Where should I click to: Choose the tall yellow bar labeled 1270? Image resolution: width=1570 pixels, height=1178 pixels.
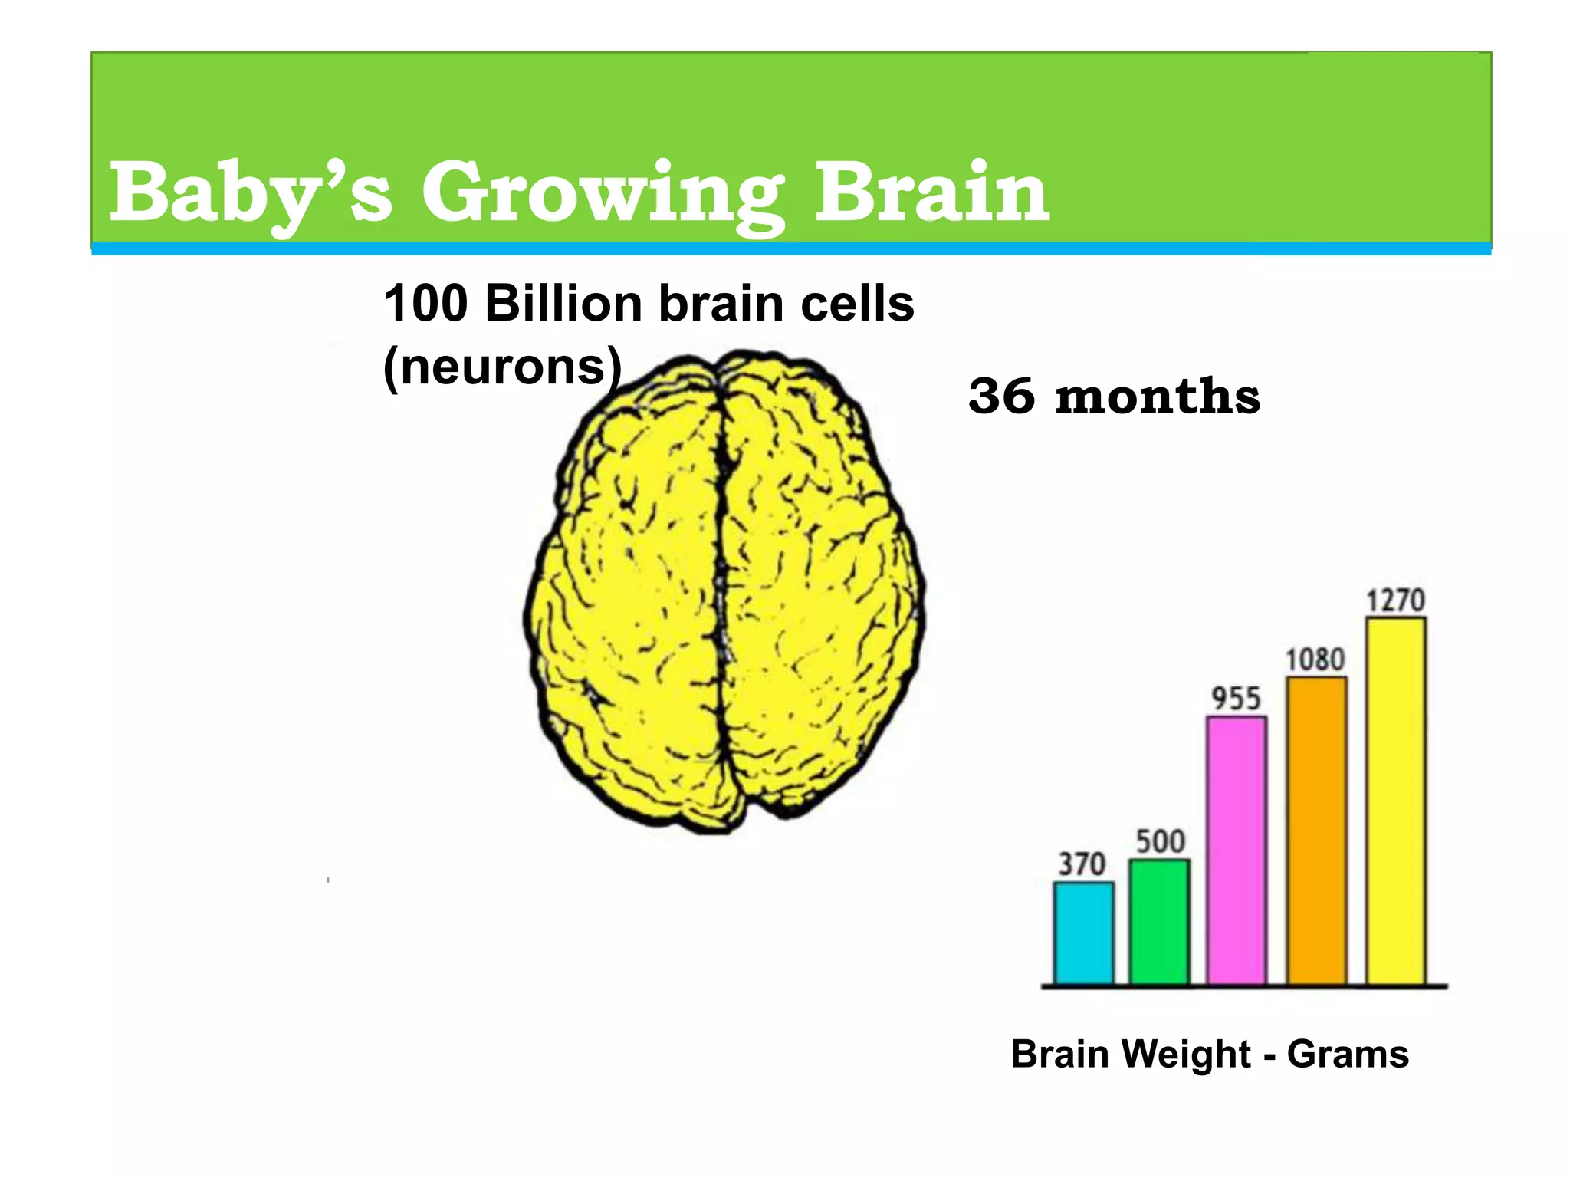[1396, 801]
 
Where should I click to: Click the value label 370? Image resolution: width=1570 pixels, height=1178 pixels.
[1082, 864]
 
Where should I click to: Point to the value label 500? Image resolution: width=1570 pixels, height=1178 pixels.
[1160, 841]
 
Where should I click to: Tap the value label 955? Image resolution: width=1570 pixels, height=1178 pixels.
[1236, 699]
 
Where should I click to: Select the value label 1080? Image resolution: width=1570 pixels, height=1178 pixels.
[1315, 660]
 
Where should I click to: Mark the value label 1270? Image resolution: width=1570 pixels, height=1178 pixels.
[1396, 600]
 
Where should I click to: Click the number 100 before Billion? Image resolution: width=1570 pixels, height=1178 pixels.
[425, 303]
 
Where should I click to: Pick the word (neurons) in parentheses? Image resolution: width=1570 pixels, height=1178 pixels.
[502, 367]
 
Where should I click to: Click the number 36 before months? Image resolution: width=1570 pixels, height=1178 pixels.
[1001, 397]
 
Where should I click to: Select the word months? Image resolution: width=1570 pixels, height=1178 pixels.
[1158, 397]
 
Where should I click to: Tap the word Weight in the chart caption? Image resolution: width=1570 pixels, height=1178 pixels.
[1186, 1054]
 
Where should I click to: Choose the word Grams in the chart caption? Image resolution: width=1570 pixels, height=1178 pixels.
[1347, 1054]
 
